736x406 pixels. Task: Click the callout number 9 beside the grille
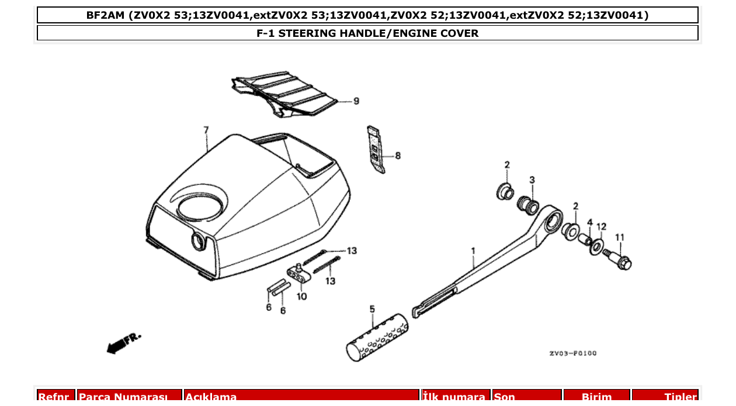(x=356, y=101)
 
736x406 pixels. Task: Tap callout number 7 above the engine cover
(x=206, y=129)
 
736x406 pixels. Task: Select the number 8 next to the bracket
(x=398, y=156)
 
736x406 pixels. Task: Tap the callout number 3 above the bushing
(x=532, y=180)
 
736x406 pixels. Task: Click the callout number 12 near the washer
(x=601, y=226)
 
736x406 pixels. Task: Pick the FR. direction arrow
(x=123, y=343)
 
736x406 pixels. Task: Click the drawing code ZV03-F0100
(x=572, y=353)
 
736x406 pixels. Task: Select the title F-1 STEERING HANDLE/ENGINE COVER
(x=367, y=33)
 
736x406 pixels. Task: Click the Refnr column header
(x=56, y=397)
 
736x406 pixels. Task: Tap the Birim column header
(x=596, y=397)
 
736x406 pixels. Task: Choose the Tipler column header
(x=680, y=397)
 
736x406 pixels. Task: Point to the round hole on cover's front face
(x=198, y=240)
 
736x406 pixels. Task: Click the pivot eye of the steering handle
(x=551, y=222)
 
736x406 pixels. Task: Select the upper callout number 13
(x=351, y=251)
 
